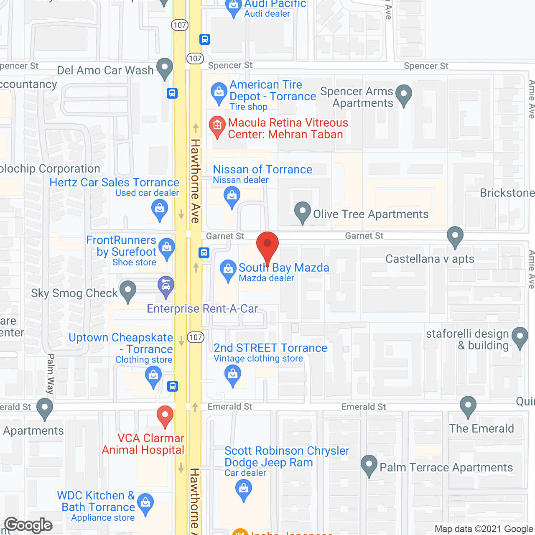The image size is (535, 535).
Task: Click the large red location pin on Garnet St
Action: click(x=267, y=246)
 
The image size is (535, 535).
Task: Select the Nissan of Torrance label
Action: click(x=262, y=169)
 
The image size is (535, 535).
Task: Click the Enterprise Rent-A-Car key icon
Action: click(x=166, y=286)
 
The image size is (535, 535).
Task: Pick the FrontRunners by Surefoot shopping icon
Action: click(x=167, y=247)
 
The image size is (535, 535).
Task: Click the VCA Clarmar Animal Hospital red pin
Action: click(x=165, y=415)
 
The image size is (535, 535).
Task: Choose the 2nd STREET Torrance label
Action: click(x=270, y=348)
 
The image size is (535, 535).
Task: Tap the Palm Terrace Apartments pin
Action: click(x=369, y=464)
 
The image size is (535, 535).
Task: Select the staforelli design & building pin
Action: click(x=520, y=336)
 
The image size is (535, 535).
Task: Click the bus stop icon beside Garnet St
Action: click(x=204, y=253)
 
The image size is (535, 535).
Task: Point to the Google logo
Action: click(x=28, y=525)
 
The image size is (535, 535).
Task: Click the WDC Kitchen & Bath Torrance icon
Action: click(x=145, y=503)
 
